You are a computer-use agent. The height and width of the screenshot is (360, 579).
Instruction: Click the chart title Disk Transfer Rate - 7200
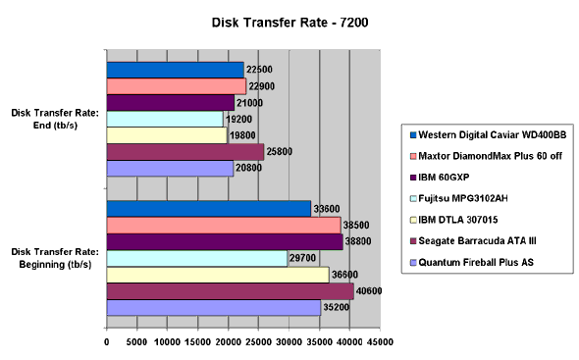[x=289, y=20]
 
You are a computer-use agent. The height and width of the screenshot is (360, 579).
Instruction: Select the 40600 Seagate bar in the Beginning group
[x=230, y=291]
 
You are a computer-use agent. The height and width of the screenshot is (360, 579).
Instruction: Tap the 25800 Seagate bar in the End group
[x=185, y=152]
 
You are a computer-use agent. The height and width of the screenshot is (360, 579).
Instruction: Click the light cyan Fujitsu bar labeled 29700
[x=196, y=258]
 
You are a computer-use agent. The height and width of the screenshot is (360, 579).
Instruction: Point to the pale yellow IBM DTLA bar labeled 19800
[x=167, y=135]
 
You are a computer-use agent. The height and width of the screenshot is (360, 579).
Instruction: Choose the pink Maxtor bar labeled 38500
[x=224, y=225]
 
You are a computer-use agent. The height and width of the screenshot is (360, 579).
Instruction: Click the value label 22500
[x=259, y=70]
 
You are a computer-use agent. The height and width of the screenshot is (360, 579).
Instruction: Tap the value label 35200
[x=337, y=308]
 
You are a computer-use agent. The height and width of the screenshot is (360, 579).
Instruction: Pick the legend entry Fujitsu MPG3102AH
[x=465, y=198]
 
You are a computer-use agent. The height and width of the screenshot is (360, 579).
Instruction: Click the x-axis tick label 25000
[x=259, y=342]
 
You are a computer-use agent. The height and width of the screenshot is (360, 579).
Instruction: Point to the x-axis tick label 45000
[x=381, y=342]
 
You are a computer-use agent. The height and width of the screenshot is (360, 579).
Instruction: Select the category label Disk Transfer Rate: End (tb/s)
[x=54, y=119]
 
